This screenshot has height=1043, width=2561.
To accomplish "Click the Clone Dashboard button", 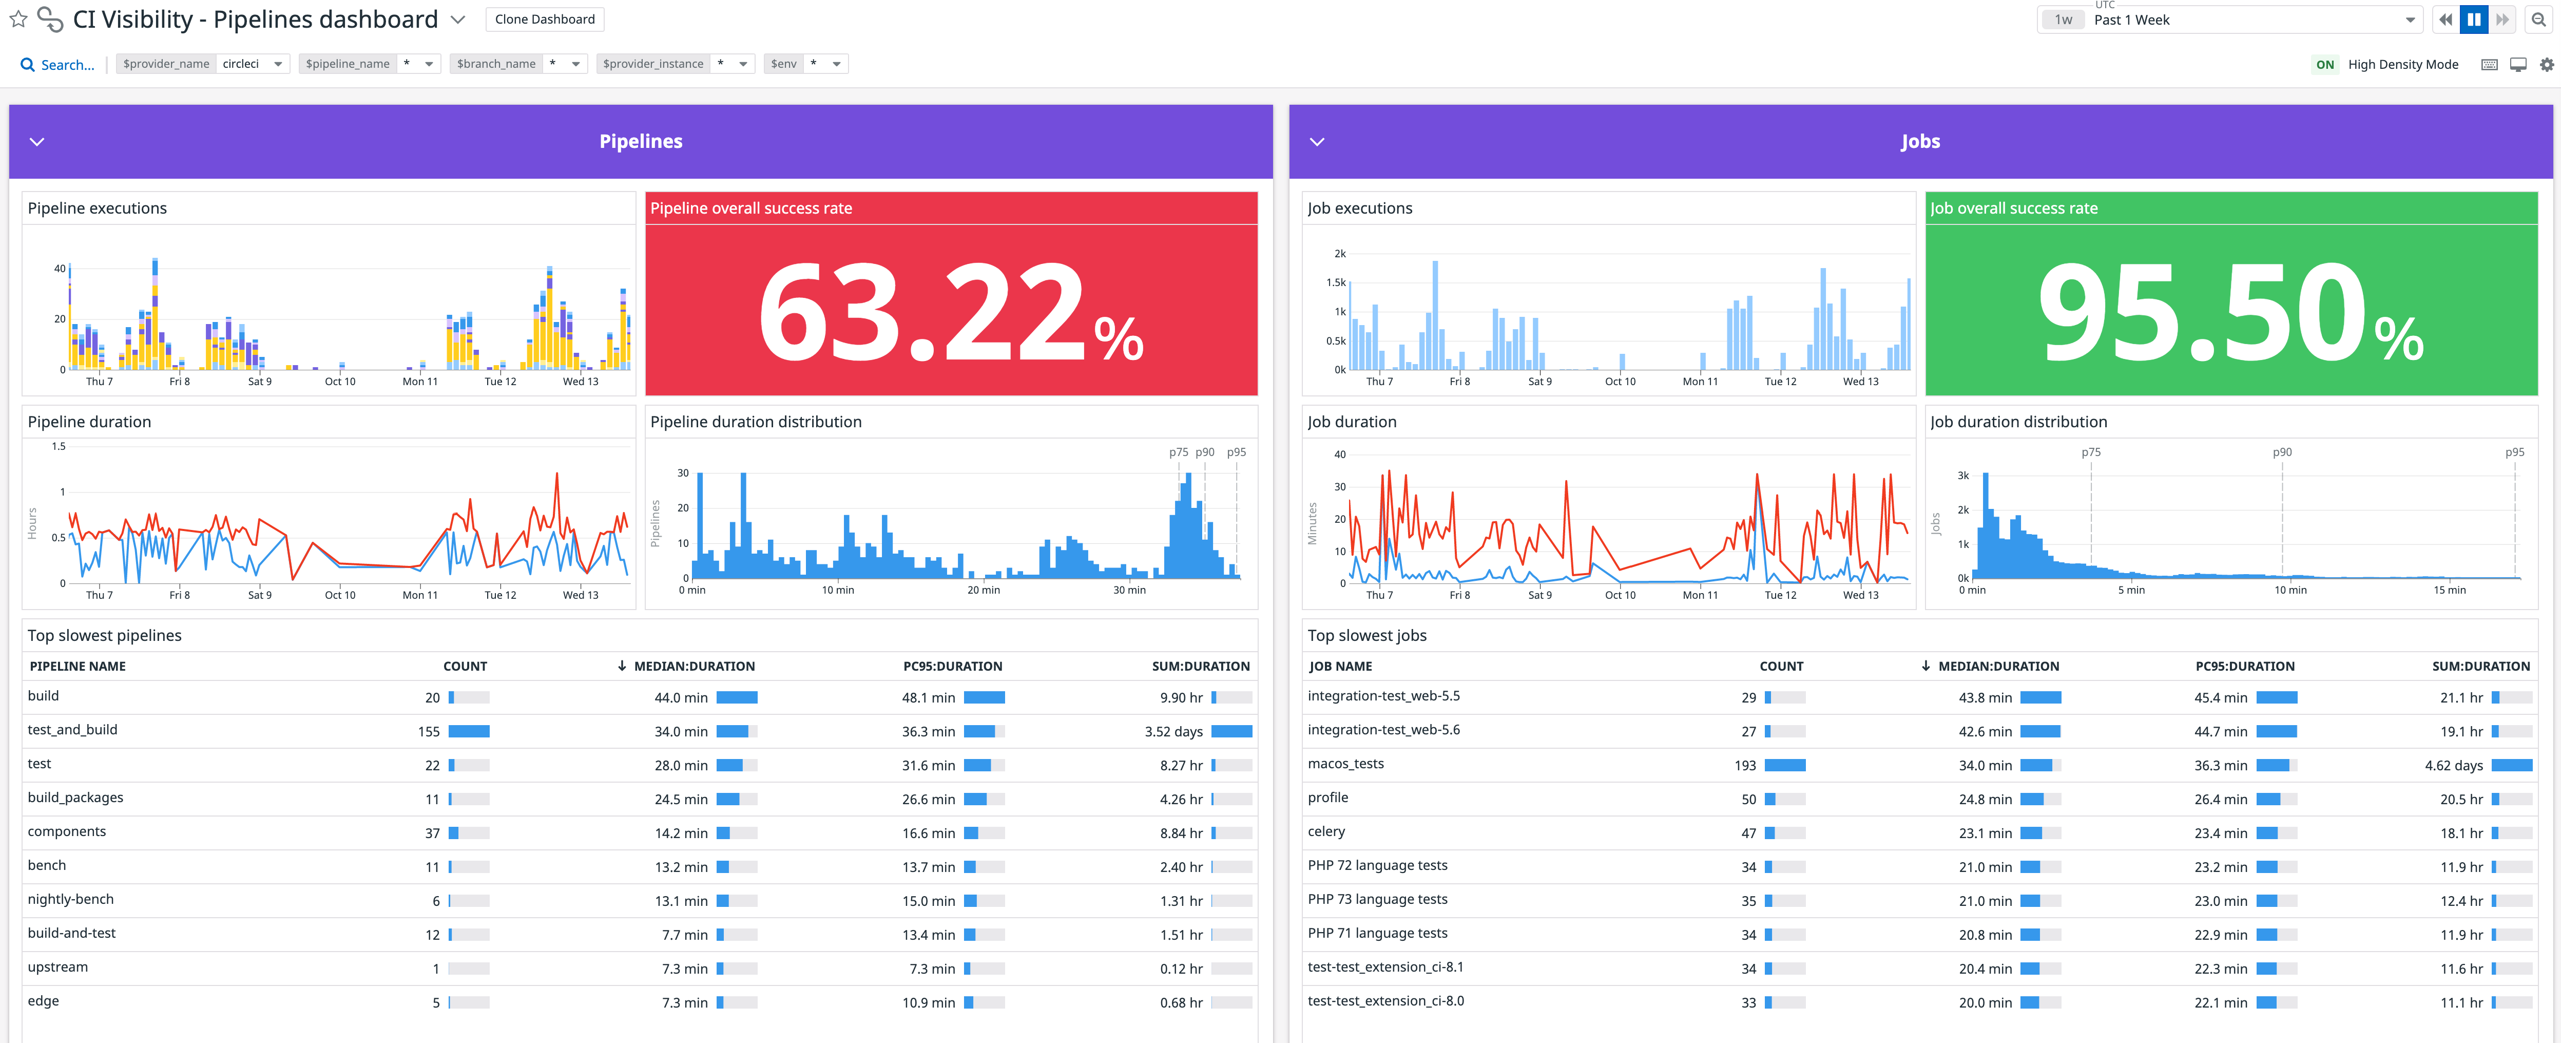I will tap(545, 19).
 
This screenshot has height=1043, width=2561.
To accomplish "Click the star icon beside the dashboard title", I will tap(18, 19).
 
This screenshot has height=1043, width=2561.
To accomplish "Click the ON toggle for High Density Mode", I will tap(2324, 65).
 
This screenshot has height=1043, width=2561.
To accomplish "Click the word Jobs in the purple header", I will tap(1920, 141).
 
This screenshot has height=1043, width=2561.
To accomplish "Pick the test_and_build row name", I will tap(72, 730).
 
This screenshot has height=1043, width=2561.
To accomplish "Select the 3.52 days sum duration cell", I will tap(1173, 732).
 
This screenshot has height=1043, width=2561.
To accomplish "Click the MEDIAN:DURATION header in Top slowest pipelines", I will tap(694, 666).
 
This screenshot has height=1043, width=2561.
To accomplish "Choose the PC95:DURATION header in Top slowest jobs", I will tap(2245, 666).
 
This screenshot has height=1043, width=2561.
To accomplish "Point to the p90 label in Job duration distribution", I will tap(2282, 452).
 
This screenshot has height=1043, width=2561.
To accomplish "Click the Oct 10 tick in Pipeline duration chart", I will tap(340, 595).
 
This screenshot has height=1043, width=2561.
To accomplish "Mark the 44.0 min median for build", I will tap(681, 698).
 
